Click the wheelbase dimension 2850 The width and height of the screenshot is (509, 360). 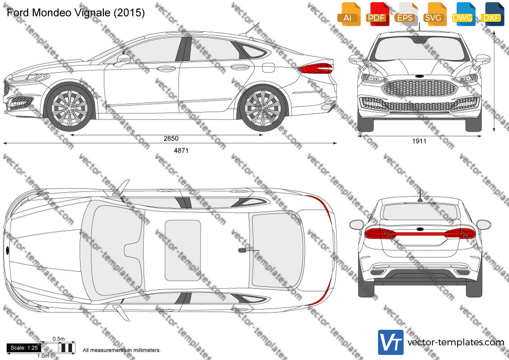pyautogui.click(x=171, y=139)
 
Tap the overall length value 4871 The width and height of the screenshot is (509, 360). pyautogui.click(x=181, y=150)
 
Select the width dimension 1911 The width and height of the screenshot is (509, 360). pyautogui.click(x=419, y=141)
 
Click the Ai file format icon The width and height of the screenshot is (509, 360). pyautogui.click(x=349, y=14)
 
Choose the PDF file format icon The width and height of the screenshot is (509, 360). pyautogui.click(x=377, y=14)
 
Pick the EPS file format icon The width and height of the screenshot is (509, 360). pyautogui.click(x=406, y=14)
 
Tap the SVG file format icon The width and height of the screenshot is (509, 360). pyautogui.click(x=434, y=14)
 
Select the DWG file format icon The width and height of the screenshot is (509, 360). pyautogui.click(x=464, y=14)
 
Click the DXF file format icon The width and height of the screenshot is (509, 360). pyautogui.click(x=492, y=14)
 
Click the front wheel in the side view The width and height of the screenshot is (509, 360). pyautogui.click(x=70, y=107)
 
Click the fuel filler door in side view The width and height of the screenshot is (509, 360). pyautogui.click(x=268, y=67)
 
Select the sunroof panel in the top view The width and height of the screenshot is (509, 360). pyautogui.click(x=183, y=250)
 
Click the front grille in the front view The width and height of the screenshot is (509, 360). pyautogui.click(x=419, y=88)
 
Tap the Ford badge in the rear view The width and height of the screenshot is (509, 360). pyautogui.click(x=419, y=228)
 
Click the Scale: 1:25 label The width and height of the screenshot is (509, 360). pyautogui.click(x=24, y=348)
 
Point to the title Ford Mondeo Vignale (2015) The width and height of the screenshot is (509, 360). pyautogui.click(x=76, y=13)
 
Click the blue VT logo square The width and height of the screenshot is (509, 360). pyautogui.click(x=391, y=342)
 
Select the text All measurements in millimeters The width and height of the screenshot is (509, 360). pyautogui.click(x=121, y=350)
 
